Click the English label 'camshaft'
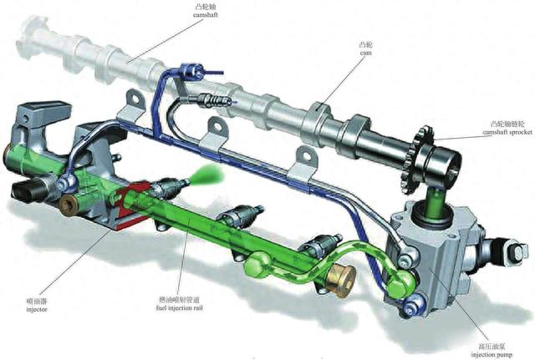206,15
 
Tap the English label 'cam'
366,53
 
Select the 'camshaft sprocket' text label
507,132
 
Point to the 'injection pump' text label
492,354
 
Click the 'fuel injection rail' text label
179,308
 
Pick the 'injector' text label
37,310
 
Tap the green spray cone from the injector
207,174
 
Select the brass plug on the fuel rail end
341,276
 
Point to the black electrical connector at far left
28,191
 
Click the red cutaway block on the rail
132,205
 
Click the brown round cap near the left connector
70,205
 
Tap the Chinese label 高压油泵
492,347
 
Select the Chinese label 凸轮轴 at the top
206,7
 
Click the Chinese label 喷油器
37,302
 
